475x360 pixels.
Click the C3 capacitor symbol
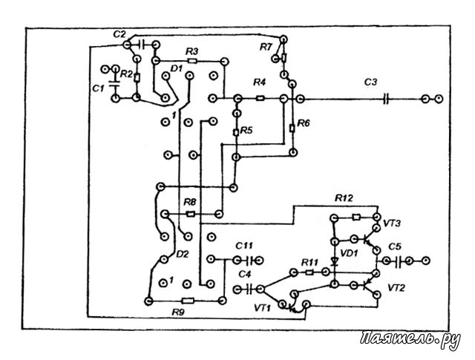coord(385,99)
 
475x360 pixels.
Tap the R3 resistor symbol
coord(192,61)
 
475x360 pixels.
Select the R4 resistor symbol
coord(261,98)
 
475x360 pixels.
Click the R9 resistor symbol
coord(188,301)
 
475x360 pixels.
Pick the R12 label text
coord(344,198)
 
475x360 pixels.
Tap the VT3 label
coord(392,223)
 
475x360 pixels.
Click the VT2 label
coord(396,287)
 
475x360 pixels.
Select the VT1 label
coord(262,308)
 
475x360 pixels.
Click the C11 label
coord(244,246)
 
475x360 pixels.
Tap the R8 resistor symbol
coord(191,215)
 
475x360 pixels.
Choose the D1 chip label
coord(177,68)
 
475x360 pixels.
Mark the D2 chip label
coord(183,254)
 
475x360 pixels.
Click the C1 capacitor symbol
coord(115,84)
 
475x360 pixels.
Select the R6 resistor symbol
coord(292,128)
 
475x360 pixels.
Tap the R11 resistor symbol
coord(309,272)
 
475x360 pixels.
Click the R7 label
coord(266,47)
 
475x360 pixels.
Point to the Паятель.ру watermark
coord(410,339)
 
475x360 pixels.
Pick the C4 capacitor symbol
coord(249,289)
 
